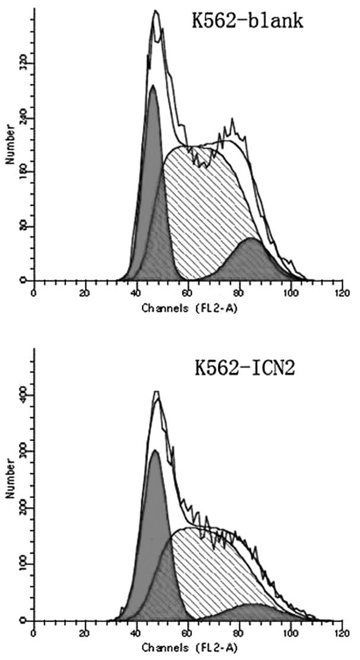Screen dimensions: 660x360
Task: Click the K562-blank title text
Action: point(247,22)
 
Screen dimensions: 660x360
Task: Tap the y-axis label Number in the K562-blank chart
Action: point(11,143)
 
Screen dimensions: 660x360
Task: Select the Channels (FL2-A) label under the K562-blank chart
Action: point(188,308)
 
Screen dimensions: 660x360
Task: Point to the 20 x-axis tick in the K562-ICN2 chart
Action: point(85,634)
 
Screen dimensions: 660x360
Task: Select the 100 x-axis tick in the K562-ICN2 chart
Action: point(290,634)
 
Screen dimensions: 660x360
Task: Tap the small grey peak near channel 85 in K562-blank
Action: point(252,261)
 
